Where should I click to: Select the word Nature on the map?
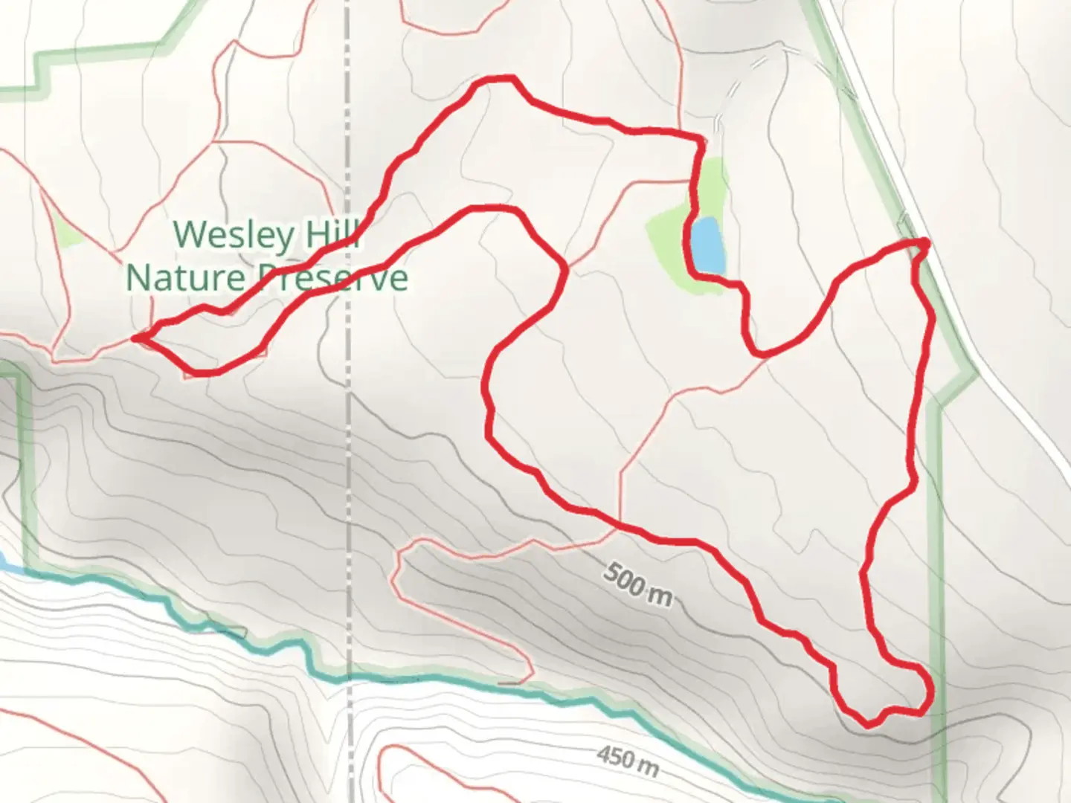point(186,278)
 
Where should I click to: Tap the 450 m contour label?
point(626,759)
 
